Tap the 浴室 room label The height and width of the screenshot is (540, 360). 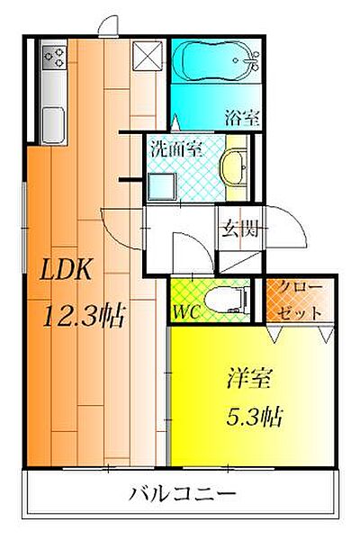point(242,118)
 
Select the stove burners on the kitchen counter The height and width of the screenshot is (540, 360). point(54,57)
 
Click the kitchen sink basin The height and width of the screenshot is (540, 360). point(53,124)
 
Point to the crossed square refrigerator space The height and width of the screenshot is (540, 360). point(148,56)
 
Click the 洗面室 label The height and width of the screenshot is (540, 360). point(176,149)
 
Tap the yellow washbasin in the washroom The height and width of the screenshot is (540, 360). point(234,167)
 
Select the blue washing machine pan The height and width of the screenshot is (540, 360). point(162,186)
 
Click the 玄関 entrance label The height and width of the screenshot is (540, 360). point(239,228)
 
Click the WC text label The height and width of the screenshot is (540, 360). point(186,311)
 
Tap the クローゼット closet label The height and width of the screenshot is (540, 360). point(300,300)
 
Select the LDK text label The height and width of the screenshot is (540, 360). point(66,269)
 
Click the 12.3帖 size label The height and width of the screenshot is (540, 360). point(84,316)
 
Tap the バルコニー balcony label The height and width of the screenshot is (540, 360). point(183,494)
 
